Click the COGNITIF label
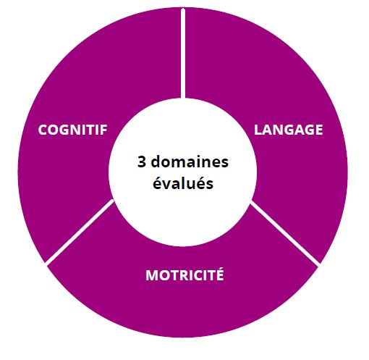pyautogui.click(x=72, y=130)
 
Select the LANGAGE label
pyautogui.click(x=289, y=130)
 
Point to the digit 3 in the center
pyautogui.click(x=142, y=162)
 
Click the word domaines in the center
pyautogui.click(x=190, y=162)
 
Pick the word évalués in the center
pyautogui.click(x=183, y=183)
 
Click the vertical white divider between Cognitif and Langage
pyautogui.click(x=183, y=54)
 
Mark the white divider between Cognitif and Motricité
pyautogui.click(x=80, y=231)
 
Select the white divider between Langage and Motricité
pyautogui.click(x=284, y=233)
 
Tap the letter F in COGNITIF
pyautogui.click(x=104, y=130)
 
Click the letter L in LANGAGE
pyautogui.click(x=258, y=130)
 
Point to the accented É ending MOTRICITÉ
pyautogui.click(x=220, y=274)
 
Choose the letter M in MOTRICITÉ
pyautogui.click(x=151, y=275)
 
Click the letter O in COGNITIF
pyautogui.click(x=53, y=130)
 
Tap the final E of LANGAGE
pyautogui.click(x=319, y=130)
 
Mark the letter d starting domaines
pyautogui.click(x=156, y=162)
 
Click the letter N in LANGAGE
pyautogui.click(x=278, y=130)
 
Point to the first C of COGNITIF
pyautogui.click(x=43, y=130)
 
